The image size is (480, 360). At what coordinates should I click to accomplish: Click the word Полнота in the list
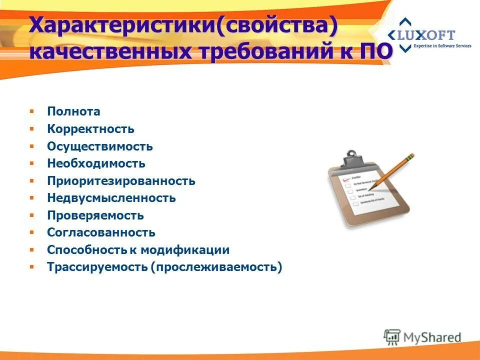[73, 111]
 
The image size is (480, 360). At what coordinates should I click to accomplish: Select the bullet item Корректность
[90, 129]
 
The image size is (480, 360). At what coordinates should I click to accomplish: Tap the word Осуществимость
[100, 146]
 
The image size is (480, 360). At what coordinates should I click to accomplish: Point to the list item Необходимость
[96, 163]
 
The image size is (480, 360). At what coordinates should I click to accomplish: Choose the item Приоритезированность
[121, 181]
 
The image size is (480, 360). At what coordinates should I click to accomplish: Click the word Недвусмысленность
[111, 198]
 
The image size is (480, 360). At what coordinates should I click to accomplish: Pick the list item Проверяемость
[95, 215]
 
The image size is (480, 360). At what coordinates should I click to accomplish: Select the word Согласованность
[101, 232]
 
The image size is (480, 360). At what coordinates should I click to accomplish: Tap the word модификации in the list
[184, 250]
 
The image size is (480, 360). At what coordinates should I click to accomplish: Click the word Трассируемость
[97, 267]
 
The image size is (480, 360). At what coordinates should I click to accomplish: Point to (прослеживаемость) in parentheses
[216, 267]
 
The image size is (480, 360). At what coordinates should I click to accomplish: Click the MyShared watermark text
[432, 337]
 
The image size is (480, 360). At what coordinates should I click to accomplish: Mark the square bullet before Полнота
[31, 111]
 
